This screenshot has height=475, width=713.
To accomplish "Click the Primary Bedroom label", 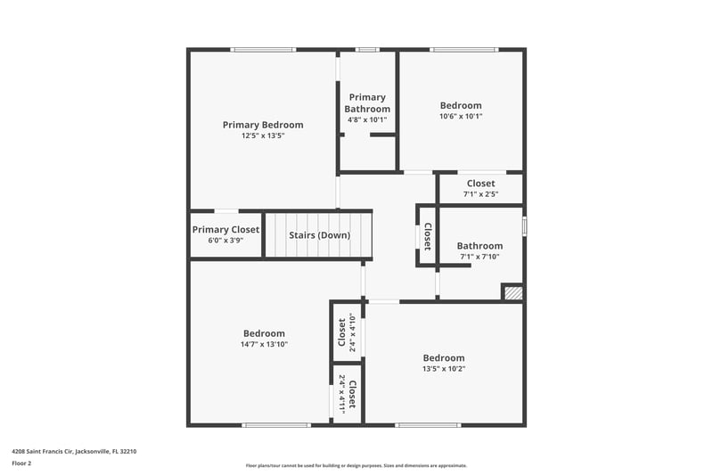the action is pyautogui.click(x=263, y=125).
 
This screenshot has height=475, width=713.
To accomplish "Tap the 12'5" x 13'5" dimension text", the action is pyautogui.click(x=263, y=135).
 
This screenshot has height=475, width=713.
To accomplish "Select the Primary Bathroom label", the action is pyautogui.click(x=367, y=103).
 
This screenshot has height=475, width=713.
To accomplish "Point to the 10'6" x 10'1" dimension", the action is pyautogui.click(x=461, y=116).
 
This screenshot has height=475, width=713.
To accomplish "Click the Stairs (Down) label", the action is pyautogui.click(x=320, y=235).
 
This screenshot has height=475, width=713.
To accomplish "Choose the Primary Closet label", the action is pyautogui.click(x=225, y=230).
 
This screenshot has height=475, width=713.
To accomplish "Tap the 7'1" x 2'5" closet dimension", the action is pyautogui.click(x=480, y=194).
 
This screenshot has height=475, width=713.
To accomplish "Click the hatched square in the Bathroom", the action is pyautogui.click(x=513, y=292).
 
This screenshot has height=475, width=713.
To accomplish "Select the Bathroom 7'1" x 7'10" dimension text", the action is pyautogui.click(x=479, y=257).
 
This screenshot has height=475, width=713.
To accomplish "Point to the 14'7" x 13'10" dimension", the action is pyautogui.click(x=264, y=344).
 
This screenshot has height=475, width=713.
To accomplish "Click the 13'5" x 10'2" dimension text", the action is pyautogui.click(x=443, y=369).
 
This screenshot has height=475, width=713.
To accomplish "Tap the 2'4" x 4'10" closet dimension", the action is pyautogui.click(x=351, y=332).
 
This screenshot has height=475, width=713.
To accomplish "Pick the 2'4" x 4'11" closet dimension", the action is pyautogui.click(x=342, y=391).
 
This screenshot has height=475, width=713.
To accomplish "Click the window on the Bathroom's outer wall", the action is pyautogui.click(x=524, y=225).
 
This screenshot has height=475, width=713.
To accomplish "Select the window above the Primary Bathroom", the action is pyautogui.click(x=367, y=50).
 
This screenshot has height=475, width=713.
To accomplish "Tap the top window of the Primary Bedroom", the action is pyautogui.click(x=263, y=50).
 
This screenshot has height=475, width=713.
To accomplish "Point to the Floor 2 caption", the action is pyautogui.click(x=21, y=463).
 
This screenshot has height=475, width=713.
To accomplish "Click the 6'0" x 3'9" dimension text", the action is pyautogui.click(x=225, y=241).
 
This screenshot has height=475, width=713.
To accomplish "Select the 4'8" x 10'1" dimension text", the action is pyautogui.click(x=367, y=120).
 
